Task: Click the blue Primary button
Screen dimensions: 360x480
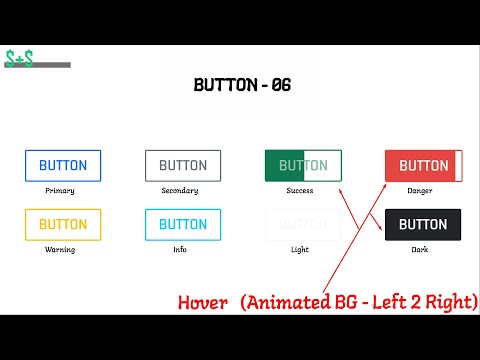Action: point(63,165)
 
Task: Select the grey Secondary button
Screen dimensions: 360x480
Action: point(183,165)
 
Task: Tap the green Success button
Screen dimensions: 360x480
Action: point(303,165)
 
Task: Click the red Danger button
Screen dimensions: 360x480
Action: point(423,165)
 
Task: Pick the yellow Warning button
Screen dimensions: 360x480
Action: point(63,224)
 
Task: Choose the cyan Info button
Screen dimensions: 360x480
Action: point(183,224)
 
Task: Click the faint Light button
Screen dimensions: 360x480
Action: point(303,224)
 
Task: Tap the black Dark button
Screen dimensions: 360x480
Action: point(423,224)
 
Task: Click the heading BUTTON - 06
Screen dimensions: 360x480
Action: point(241,85)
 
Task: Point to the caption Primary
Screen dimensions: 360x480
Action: point(60,190)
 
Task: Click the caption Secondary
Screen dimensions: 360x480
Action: point(180,190)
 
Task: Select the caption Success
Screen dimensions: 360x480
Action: point(300,190)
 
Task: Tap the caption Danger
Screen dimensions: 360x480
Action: point(420,190)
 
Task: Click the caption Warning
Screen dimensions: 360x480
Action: point(60,249)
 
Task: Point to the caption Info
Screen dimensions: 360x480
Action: point(180,249)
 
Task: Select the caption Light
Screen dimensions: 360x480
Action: point(300,249)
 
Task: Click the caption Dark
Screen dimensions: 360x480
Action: point(420,249)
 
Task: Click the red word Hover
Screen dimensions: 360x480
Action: point(203,302)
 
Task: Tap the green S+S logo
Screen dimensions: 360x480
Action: point(19,59)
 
